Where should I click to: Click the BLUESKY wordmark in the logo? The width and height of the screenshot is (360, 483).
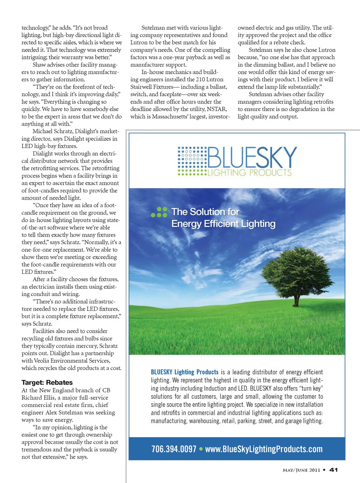tap(252, 157)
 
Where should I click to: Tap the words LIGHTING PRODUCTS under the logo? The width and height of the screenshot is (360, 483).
tap(249, 173)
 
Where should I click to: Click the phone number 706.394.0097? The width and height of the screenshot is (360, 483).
tap(174, 449)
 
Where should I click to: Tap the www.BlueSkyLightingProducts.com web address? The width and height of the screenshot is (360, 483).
tap(264, 449)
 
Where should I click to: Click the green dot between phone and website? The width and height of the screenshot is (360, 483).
tap(201, 449)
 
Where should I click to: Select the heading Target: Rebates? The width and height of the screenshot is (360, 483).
tap(47, 382)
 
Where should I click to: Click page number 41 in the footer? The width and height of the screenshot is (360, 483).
tap(333, 470)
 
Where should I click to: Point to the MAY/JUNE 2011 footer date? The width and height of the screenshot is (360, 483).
tap(301, 470)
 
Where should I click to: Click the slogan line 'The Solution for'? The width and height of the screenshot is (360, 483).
tap(205, 212)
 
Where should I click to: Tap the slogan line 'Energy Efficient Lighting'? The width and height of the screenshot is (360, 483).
tap(223, 224)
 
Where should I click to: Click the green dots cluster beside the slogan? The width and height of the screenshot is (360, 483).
tap(159, 212)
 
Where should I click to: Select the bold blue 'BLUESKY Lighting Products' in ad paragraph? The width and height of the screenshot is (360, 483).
tap(184, 372)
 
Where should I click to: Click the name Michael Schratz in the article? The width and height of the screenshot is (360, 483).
tap(52, 131)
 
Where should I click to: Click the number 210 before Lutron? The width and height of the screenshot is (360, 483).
tap(201, 79)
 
